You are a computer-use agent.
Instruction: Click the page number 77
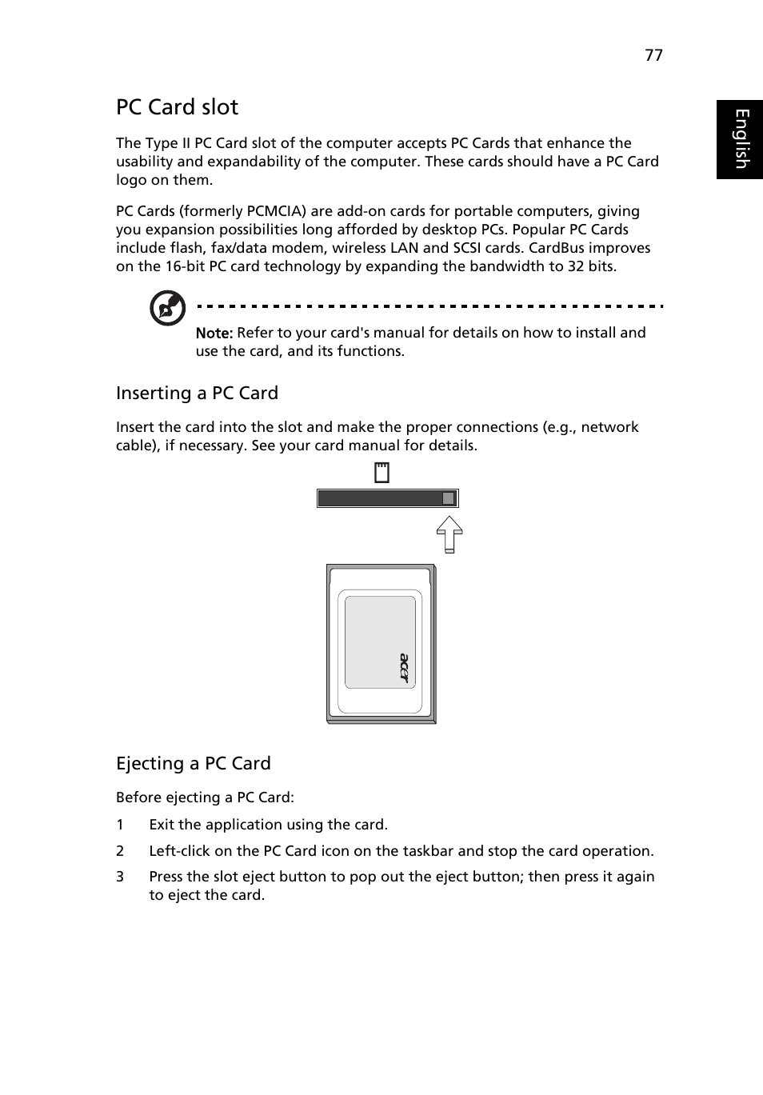click(x=653, y=54)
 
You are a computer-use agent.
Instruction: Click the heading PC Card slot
click(x=177, y=107)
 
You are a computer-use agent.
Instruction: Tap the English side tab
click(x=740, y=139)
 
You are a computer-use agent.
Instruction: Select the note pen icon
click(x=168, y=309)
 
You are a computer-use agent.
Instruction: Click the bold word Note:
click(x=214, y=333)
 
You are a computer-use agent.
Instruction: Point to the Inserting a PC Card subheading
click(x=197, y=393)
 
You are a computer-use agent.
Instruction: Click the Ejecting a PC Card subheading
click(x=193, y=763)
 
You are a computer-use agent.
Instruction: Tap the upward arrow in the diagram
click(x=449, y=534)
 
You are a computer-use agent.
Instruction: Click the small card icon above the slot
click(x=381, y=474)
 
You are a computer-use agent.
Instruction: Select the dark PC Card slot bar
click(x=380, y=498)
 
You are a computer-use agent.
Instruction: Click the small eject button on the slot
click(x=449, y=498)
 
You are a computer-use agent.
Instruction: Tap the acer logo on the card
click(x=404, y=669)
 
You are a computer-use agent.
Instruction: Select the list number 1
click(x=120, y=825)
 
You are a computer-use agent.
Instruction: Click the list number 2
click(x=120, y=851)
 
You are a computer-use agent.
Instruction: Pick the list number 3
click(x=120, y=877)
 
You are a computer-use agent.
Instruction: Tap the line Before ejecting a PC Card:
click(x=205, y=797)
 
